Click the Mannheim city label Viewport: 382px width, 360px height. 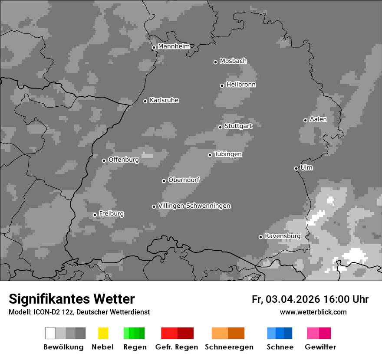tap(174, 46)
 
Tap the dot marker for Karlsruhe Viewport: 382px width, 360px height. tap(145, 101)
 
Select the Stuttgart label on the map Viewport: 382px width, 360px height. tap(238, 126)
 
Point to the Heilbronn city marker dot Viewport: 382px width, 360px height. tap(222, 85)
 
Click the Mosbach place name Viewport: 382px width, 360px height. tap(233, 61)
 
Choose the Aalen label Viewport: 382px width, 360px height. tap(318, 119)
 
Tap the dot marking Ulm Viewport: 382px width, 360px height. tap(296, 168)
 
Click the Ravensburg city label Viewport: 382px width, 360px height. tap(283, 236)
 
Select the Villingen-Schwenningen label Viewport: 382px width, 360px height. tap(194, 206)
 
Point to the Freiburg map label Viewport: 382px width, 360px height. tap(111, 214)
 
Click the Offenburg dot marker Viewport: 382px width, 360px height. tap(104, 160)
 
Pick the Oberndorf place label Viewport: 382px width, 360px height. tap(184, 180)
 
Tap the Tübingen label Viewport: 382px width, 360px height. tap(228, 154)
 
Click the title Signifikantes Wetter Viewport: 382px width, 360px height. tap(72, 299)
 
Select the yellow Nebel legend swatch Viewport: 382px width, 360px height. tap(103, 333)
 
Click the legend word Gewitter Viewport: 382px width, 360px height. tap(320, 347)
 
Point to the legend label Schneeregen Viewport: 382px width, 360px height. tap(229, 347)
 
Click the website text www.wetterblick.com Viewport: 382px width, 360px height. tap(313, 312)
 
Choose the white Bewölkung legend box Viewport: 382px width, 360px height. tap(50, 333)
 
